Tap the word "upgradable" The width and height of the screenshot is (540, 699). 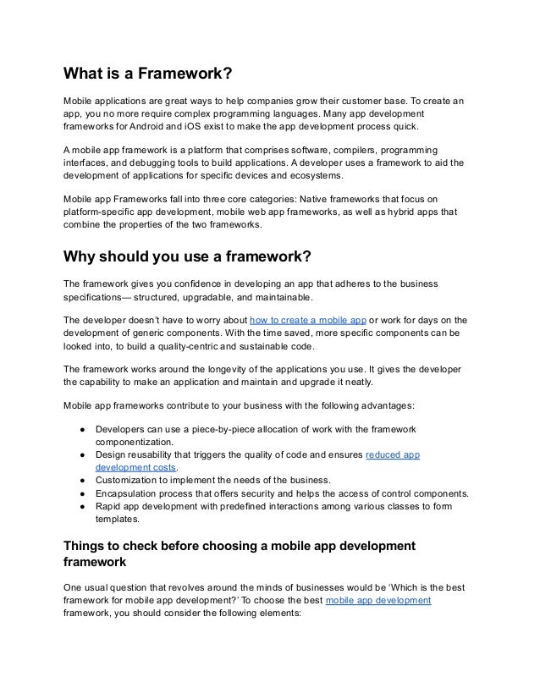(x=223, y=297)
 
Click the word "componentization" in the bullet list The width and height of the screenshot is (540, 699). (x=135, y=442)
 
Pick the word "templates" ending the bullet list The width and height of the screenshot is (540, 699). (x=118, y=520)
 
